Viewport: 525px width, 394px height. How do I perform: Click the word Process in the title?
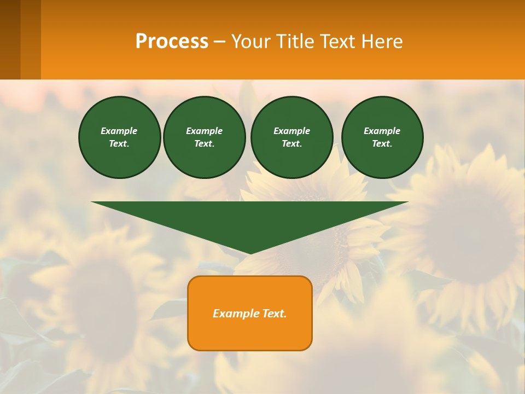172,42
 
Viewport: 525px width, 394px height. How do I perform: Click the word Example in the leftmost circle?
119,131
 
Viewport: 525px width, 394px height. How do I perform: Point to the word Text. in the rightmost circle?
382,143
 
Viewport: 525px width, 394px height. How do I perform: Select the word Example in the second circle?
204,131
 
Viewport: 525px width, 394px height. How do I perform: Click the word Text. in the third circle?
291,143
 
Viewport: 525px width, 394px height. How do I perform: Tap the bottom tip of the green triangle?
250,252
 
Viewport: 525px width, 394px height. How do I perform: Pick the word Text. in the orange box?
275,314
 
